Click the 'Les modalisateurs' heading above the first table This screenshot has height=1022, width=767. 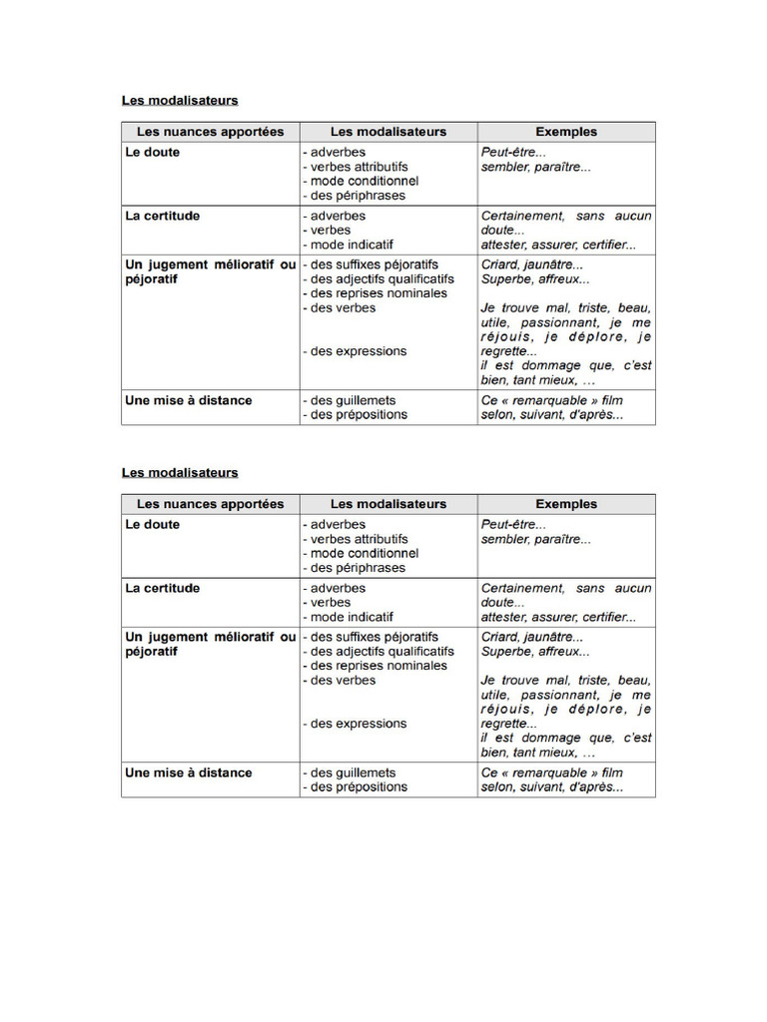(180, 100)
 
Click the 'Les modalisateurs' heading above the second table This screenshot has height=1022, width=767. (180, 472)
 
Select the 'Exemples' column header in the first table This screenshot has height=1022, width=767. (566, 132)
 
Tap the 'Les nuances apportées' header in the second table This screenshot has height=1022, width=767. (210, 504)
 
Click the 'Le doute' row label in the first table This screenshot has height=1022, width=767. (153, 153)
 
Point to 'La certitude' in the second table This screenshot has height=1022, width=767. (162, 588)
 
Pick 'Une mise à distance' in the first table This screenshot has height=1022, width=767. (188, 400)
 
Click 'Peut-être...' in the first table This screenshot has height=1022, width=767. (513, 153)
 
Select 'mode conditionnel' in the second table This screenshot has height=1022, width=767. (364, 553)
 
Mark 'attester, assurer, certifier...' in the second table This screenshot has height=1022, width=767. (558, 617)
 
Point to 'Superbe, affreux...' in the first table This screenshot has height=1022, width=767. (535, 279)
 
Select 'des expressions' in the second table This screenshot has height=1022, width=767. (359, 724)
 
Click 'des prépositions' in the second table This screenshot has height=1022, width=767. (359, 786)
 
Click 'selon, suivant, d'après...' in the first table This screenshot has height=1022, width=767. (552, 415)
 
